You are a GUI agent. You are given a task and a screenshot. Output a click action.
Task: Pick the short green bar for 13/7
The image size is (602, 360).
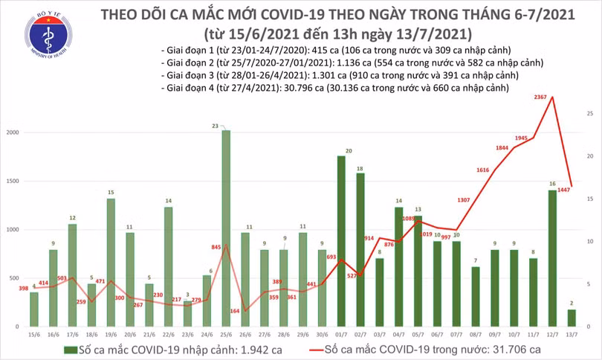coord(572,318)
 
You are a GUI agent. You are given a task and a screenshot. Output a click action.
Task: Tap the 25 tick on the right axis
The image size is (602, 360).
coord(589,114)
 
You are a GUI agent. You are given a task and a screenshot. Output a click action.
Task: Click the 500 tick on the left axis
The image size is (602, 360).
coord(16,278)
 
